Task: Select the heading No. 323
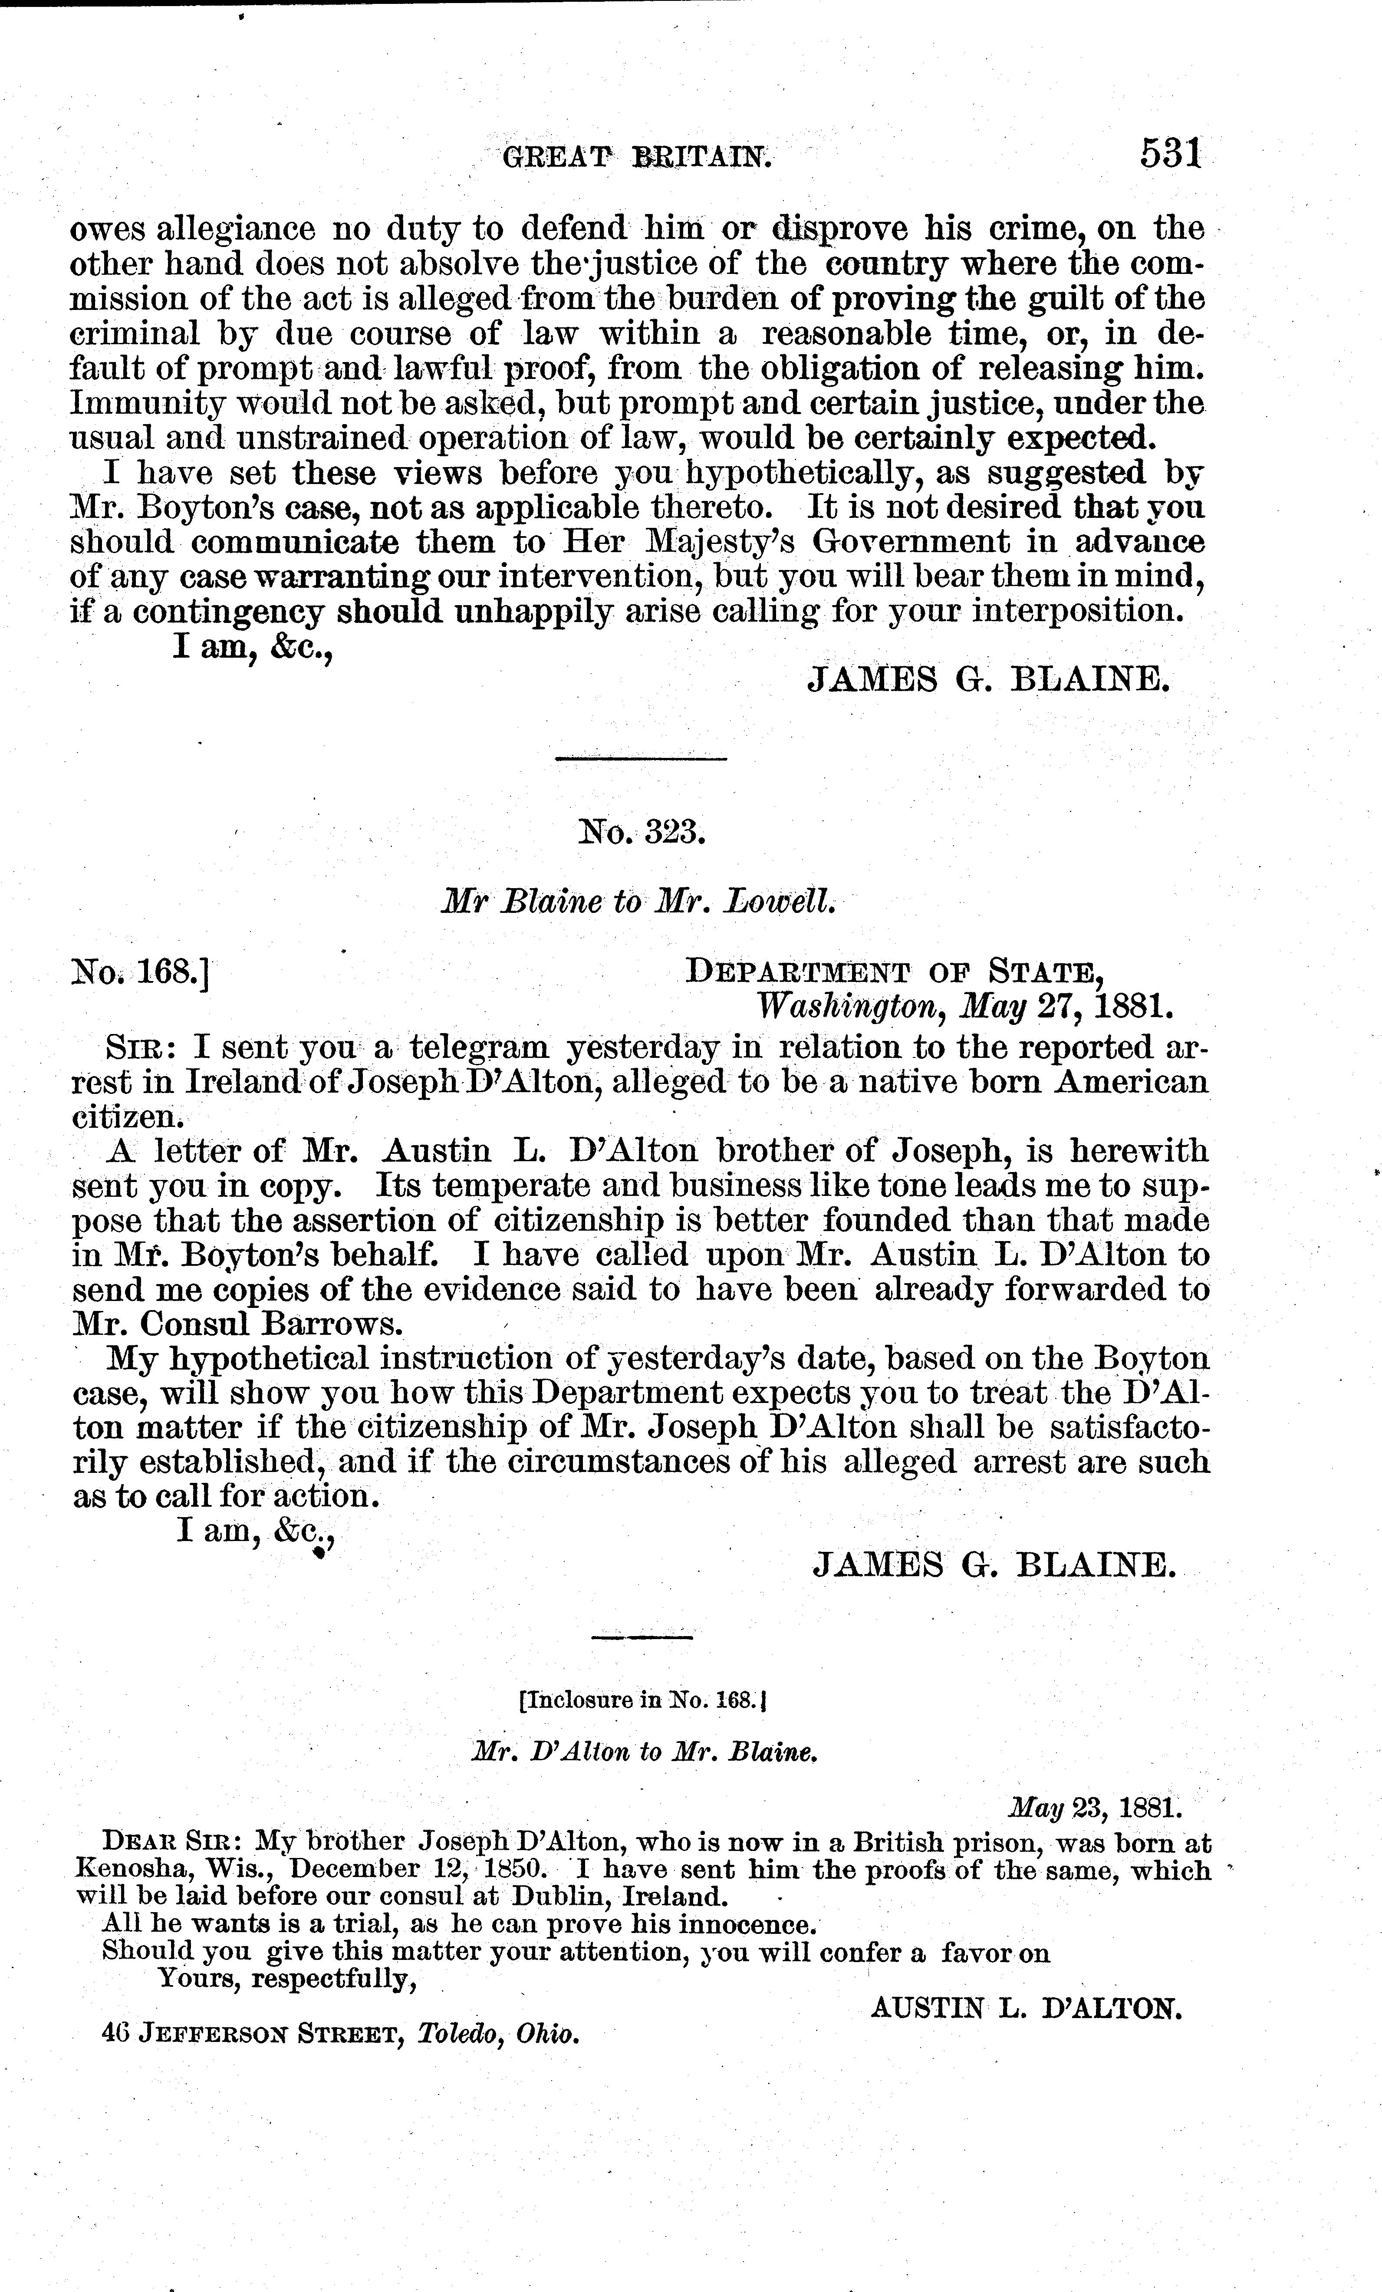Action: click(x=643, y=830)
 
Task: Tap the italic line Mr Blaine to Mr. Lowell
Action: click(x=640, y=900)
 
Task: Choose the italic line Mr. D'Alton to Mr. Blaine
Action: click(x=645, y=1752)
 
